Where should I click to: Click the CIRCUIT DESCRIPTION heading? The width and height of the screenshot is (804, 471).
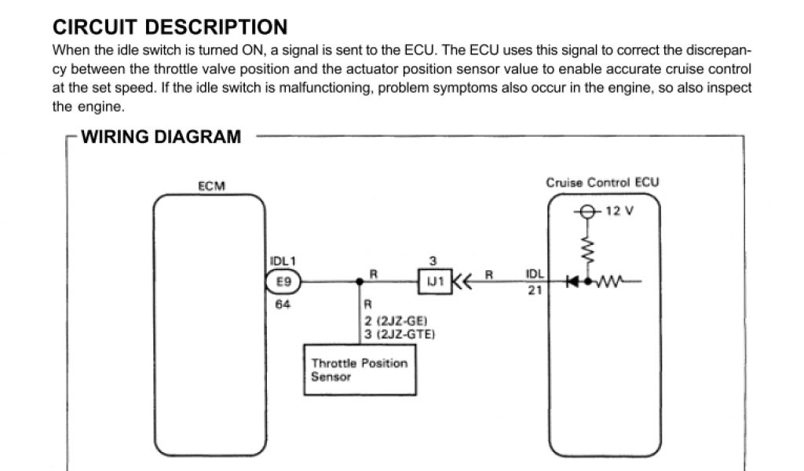(170, 27)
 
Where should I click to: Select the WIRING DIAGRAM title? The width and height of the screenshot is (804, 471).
(161, 137)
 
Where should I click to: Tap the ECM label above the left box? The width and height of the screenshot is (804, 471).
(211, 186)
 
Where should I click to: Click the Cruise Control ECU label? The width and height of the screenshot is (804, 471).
(602, 182)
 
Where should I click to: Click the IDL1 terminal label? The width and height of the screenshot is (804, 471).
(283, 261)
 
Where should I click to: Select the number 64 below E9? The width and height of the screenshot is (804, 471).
(283, 304)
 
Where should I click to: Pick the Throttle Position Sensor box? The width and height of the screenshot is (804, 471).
(360, 370)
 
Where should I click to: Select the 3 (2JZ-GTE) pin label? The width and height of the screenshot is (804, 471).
(400, 334)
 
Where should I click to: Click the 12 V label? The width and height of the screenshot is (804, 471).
(619, 211)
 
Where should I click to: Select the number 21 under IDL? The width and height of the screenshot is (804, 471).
(535, 290)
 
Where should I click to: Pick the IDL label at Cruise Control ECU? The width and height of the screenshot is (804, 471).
(534, 274)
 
